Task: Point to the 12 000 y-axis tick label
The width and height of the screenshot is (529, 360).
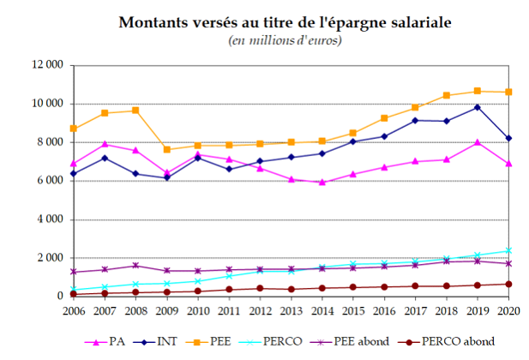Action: pyautogui.click(x=49, y=65)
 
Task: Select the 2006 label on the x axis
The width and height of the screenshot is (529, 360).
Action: pyautogui.click(x=74, y=310)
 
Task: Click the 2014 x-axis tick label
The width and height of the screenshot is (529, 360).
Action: pyautogui.click(x=322, y=310)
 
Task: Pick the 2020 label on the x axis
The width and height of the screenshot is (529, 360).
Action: pyautogui.click(x=509, y=310)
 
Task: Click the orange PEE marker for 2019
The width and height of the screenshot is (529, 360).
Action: pyautogui.click(x=478, y=91)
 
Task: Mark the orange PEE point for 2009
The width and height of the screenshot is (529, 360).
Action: pyautogui.click(x=167, y=150)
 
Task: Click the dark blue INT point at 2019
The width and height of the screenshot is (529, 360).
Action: pyautogui.click(x=478, y=107)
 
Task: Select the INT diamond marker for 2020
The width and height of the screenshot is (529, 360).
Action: pyautogui.click(x=509, y=138)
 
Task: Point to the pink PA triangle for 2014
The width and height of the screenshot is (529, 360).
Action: pyautogui.click(x=322, y=182)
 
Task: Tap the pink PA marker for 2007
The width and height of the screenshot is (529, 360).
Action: pyautogui.click(x=105, y=144)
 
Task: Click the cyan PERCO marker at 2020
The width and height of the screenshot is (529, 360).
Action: pyautogui.click(x=509, y=250)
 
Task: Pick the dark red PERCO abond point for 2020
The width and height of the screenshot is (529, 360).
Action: pyautogui.click(x=509, y=284)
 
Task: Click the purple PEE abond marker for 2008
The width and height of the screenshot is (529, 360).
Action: pyautogui.click(x=135, y=266)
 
